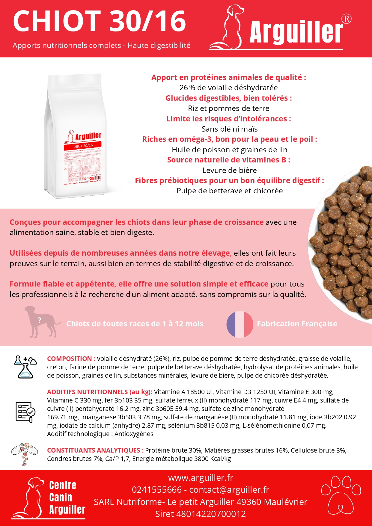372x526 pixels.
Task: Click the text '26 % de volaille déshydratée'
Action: point(228,88)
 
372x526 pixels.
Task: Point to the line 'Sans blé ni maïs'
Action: point(229,129)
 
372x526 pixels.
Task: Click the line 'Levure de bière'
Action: point(229,170)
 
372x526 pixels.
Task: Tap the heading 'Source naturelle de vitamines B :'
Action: point(228,160)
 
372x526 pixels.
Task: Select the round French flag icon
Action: point(240,324)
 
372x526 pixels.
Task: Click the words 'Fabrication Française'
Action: point(297,324)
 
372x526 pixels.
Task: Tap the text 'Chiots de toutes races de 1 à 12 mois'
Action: point(135,324)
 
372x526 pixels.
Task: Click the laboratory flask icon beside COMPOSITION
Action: point(25,367)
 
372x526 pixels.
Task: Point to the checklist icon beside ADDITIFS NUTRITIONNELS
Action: point(25,412)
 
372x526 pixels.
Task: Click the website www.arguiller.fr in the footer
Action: point(201,477)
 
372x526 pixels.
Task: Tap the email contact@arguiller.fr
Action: point(229,489)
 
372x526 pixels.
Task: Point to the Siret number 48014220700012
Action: point(211,514)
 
